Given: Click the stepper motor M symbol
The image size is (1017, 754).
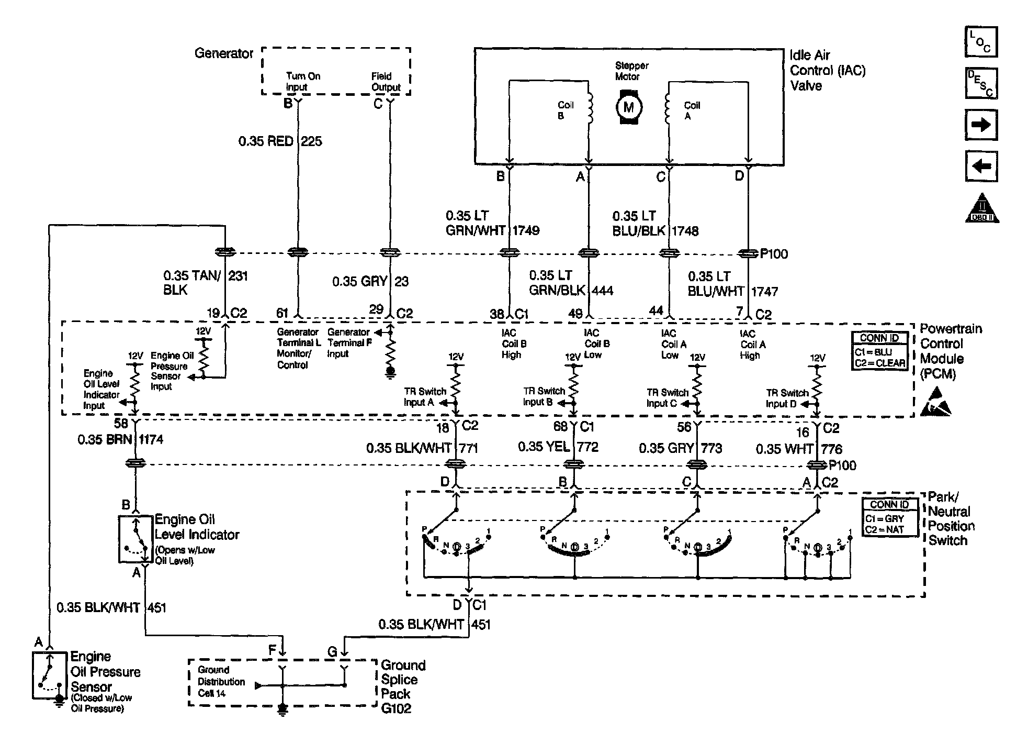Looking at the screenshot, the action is [628, 107].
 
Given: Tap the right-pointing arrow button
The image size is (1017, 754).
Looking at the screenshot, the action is [981, 125].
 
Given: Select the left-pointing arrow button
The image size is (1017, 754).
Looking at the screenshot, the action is [981, 167].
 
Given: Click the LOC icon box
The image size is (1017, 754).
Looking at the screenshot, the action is [981, 41].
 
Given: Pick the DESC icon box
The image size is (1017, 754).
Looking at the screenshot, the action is [981, 83].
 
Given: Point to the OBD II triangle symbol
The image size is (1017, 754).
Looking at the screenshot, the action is [982, 208].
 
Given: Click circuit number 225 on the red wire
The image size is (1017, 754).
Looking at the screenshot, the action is [311, 141].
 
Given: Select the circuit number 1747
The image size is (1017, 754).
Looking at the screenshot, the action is [764, 292].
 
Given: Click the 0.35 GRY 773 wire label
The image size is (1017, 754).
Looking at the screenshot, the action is [680, 448].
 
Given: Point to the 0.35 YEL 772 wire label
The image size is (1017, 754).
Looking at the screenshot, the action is [558, 447].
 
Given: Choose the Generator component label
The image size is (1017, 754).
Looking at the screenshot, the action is [224, 53].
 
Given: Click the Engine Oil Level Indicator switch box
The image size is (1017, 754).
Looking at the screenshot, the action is [135, 539].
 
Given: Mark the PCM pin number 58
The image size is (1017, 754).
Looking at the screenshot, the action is [121, 423].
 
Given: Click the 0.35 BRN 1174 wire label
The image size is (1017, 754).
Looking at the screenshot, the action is [120, 439].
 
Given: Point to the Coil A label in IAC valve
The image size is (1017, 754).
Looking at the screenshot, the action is [692, 110].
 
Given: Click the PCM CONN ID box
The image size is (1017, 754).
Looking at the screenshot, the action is [879, 351].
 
